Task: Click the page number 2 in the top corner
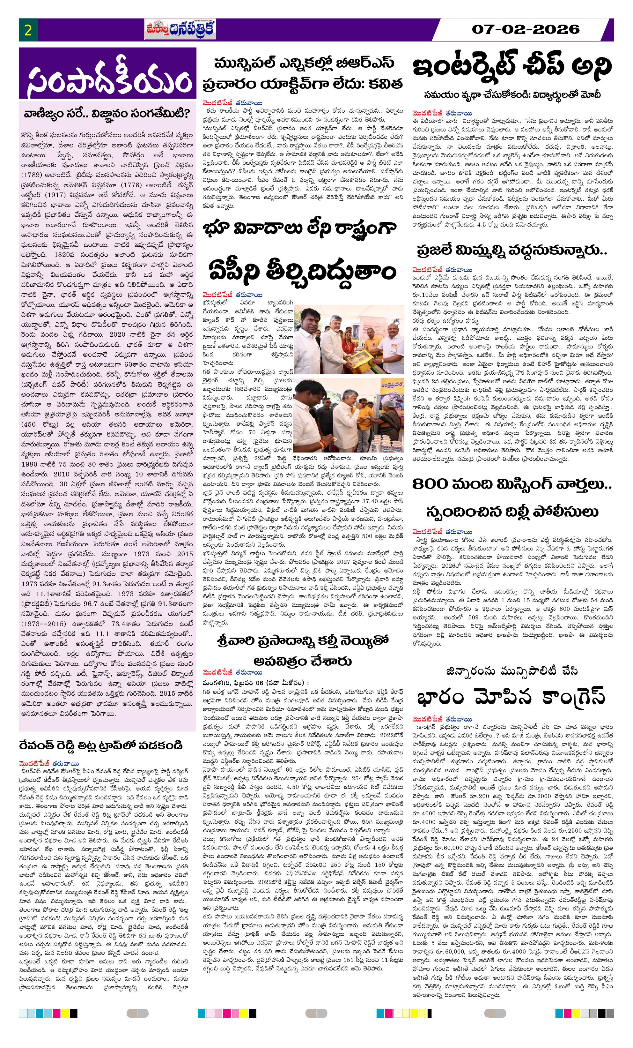tap(28, 30)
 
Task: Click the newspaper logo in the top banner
tap(180, 29)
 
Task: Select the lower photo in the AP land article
tap(350, 418)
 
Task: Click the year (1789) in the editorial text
tap(33, 175)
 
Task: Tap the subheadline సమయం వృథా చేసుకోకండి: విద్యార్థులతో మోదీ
tap(512, 94)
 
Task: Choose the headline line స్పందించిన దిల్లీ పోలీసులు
tap(512, 511)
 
